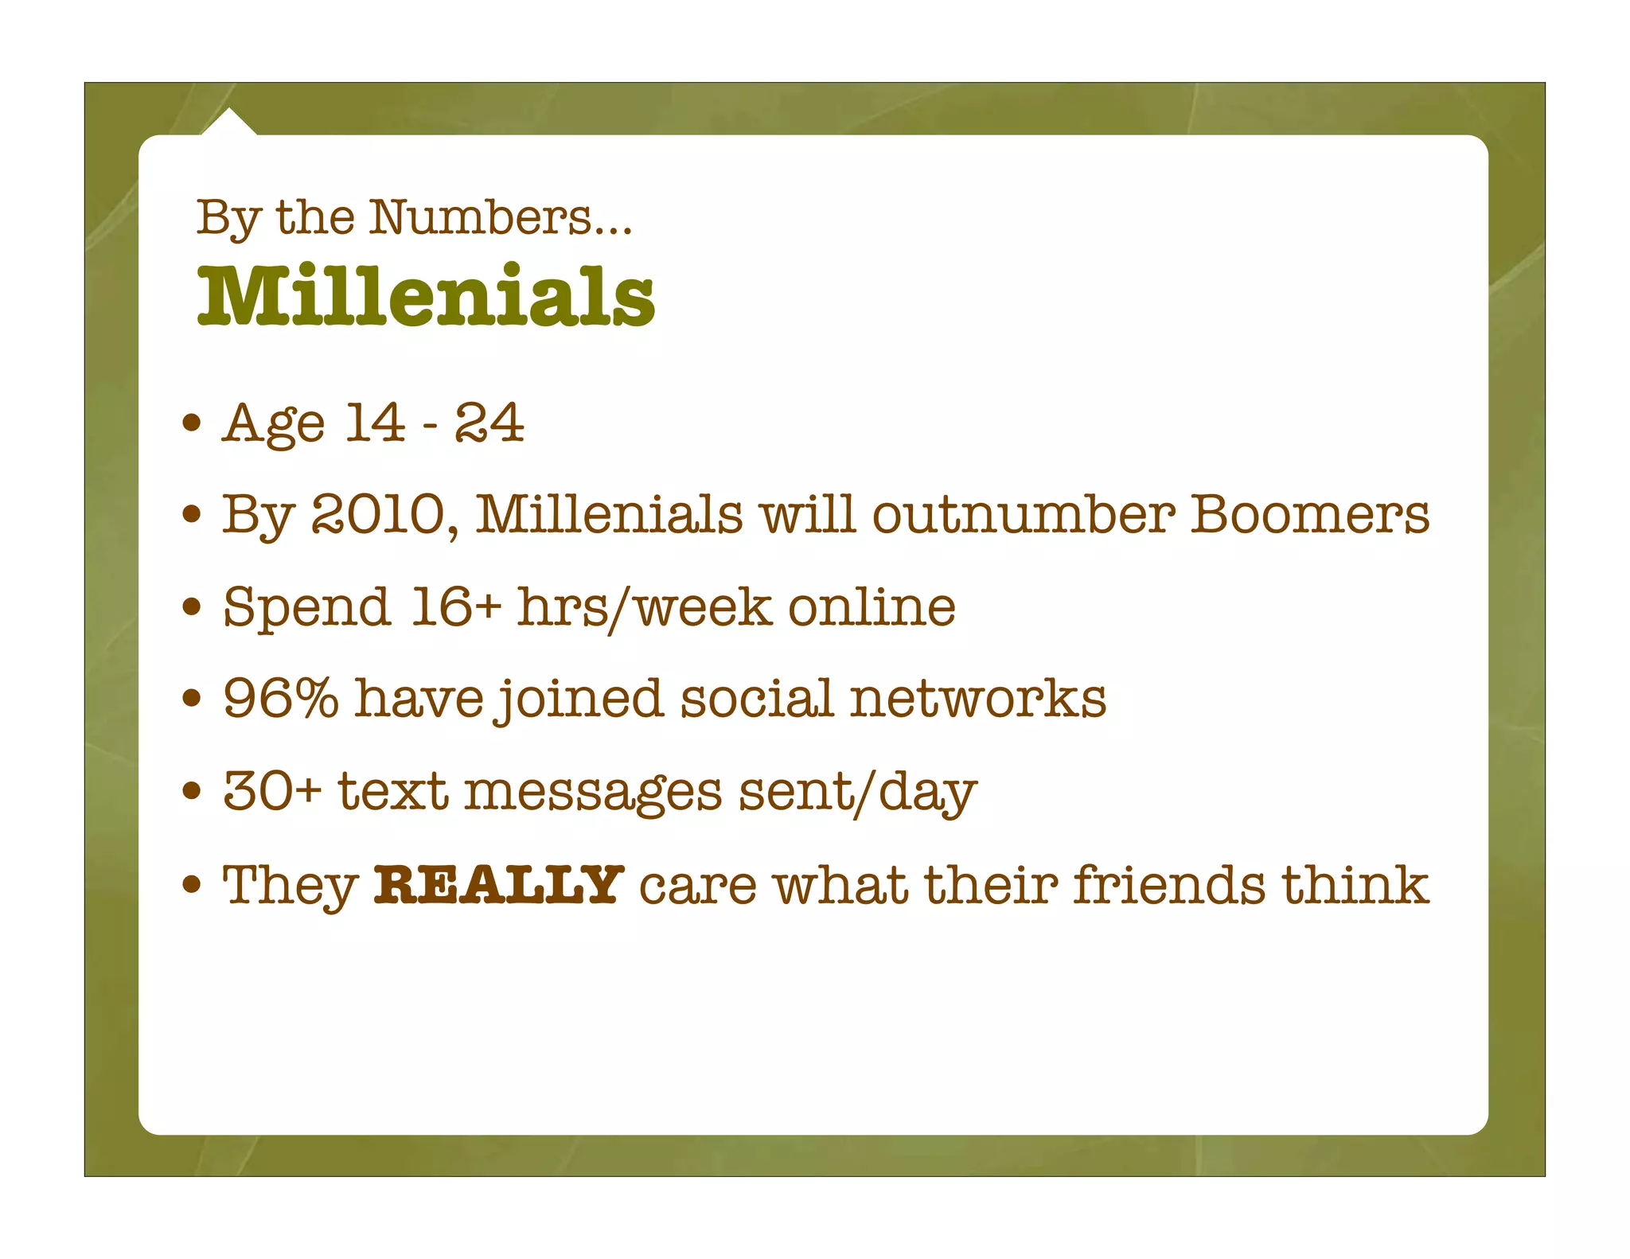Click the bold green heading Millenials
click(426, 296)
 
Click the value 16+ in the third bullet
click(456, 606)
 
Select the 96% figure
click(280, 698)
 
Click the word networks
click(977, 698)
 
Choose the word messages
click(593, 793)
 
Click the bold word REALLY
click(498, 884)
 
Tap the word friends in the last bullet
click(1168, 884)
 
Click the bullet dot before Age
click(191, 423)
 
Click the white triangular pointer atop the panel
click(229, 123)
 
